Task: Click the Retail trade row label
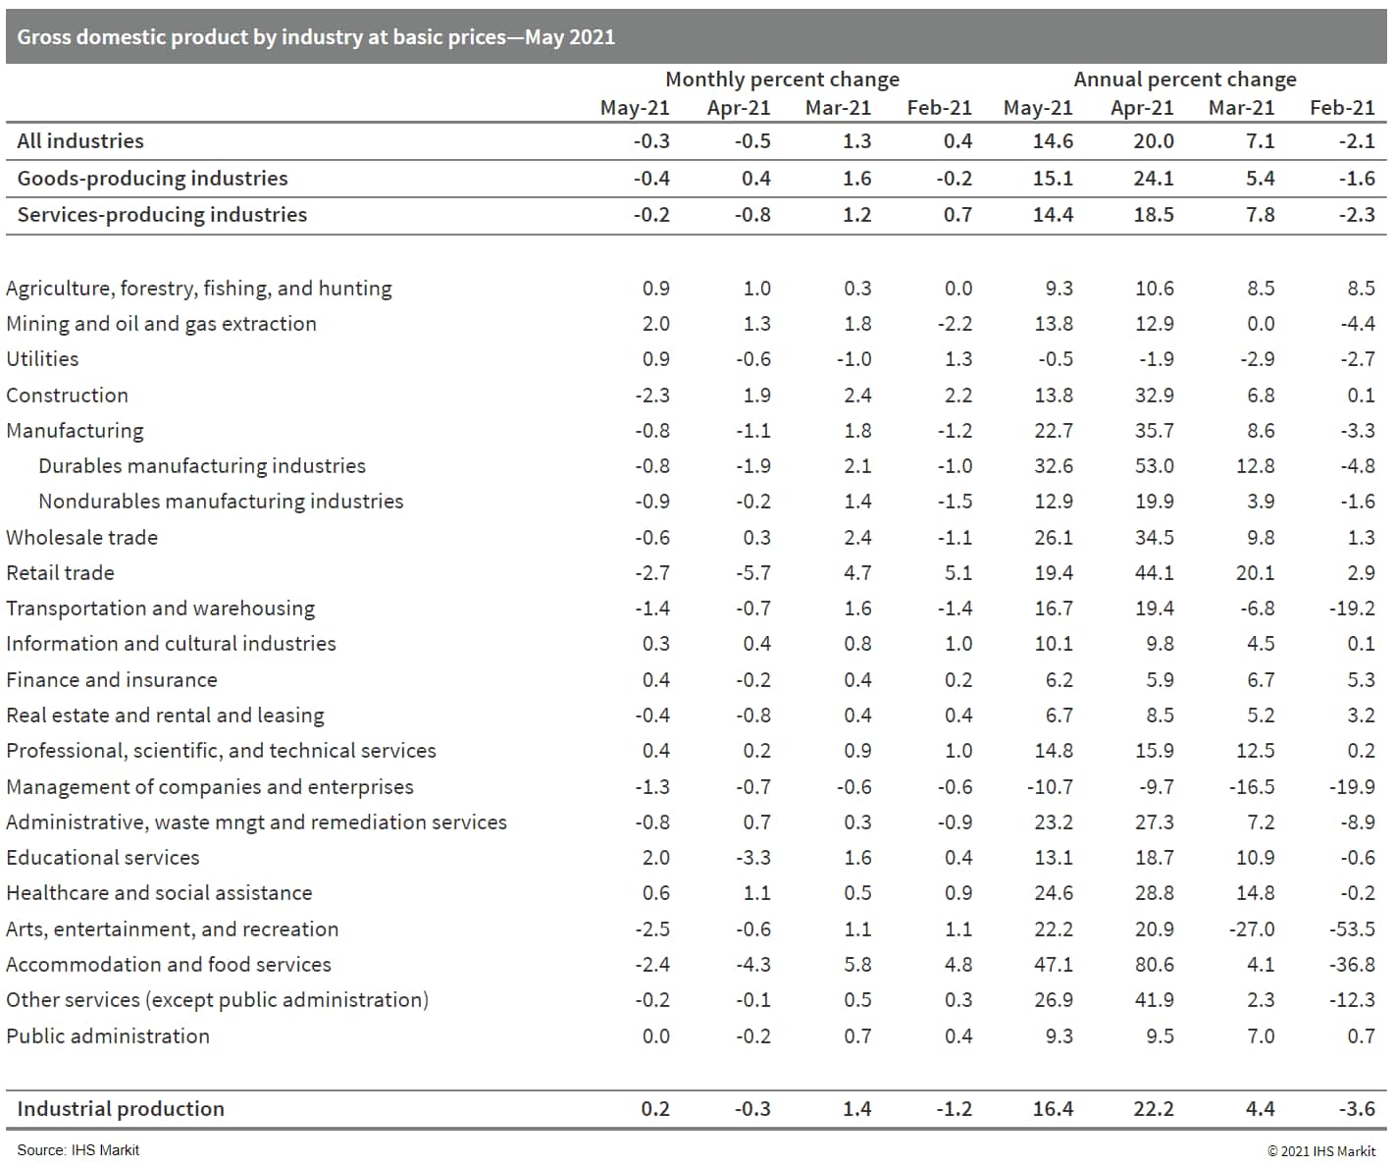[60, 573]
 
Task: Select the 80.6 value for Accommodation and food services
[1154, 965]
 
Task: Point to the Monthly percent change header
[782, 80]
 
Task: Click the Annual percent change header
[1184, 80]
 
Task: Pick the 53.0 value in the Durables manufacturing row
[1154, 466]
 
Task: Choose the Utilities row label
[42, 359]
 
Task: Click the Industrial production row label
[121, 1109]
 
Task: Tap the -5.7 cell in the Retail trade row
[752, 573]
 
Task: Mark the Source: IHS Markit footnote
[77, 1150]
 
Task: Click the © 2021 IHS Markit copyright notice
[1320, 1151]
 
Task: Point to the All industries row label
[80, 141]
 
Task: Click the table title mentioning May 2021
[316, 37]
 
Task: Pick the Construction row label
[67, 396]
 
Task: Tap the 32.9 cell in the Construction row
[1154, 396]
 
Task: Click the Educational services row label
[102, 858]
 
